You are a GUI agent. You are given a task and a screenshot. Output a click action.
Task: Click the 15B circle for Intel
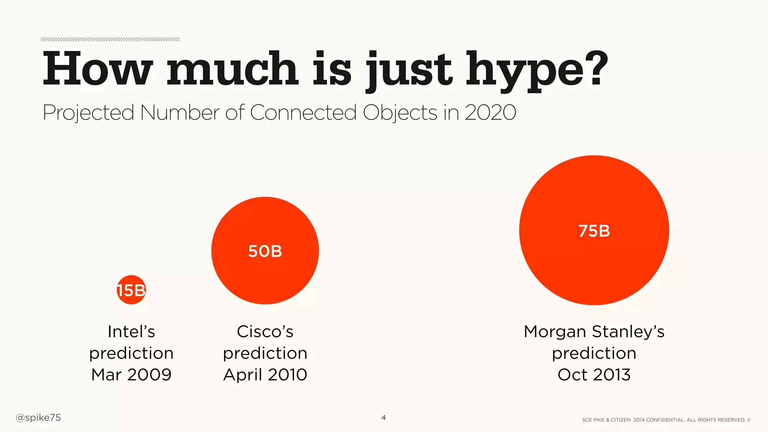(131, 290)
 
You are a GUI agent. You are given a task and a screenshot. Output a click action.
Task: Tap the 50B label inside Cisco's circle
(265, 251)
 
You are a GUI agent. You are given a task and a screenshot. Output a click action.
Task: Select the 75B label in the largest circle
(594, 231)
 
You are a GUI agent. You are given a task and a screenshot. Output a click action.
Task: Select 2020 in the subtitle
(490, 112)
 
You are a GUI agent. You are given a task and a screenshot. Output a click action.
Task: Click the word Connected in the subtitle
(303, 112)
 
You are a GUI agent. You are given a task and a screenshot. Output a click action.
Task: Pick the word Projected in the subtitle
(88, 113)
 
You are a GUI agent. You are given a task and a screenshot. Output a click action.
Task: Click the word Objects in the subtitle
(400, 113)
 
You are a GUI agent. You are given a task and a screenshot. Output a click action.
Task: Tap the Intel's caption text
(131, 331)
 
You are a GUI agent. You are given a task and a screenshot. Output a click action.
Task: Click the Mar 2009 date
(131, 375)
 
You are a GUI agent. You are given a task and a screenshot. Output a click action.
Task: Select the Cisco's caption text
(265, 331)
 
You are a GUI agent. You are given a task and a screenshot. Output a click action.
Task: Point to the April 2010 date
(265, 375)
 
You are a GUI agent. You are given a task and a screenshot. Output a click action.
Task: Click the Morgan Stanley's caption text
(594, 331)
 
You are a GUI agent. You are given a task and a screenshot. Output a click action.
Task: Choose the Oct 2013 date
(594, 375)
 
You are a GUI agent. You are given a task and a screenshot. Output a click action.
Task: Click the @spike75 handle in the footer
(38, 418)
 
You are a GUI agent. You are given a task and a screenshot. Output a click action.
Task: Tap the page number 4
(383, 417)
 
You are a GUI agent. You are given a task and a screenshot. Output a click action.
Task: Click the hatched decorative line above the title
(110, 39)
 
